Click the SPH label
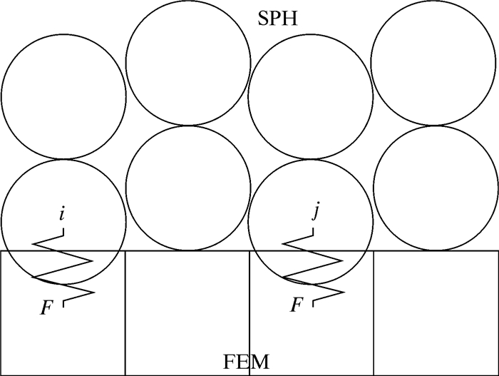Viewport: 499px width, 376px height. [x=277, y=17]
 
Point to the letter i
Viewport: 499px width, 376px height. [x=63, y=213]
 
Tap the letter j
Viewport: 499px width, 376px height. [x=314, y=212]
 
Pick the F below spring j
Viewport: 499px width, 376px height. [x=296, y=305]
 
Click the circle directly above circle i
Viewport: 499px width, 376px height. [x=63, y=96]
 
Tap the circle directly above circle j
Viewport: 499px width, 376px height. [x=312, y=96]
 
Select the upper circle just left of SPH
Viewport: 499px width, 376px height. [x=188, y=63]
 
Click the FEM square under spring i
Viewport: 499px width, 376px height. [x=63, y=335]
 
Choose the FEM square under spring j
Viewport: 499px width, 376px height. [x=312, y=335]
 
